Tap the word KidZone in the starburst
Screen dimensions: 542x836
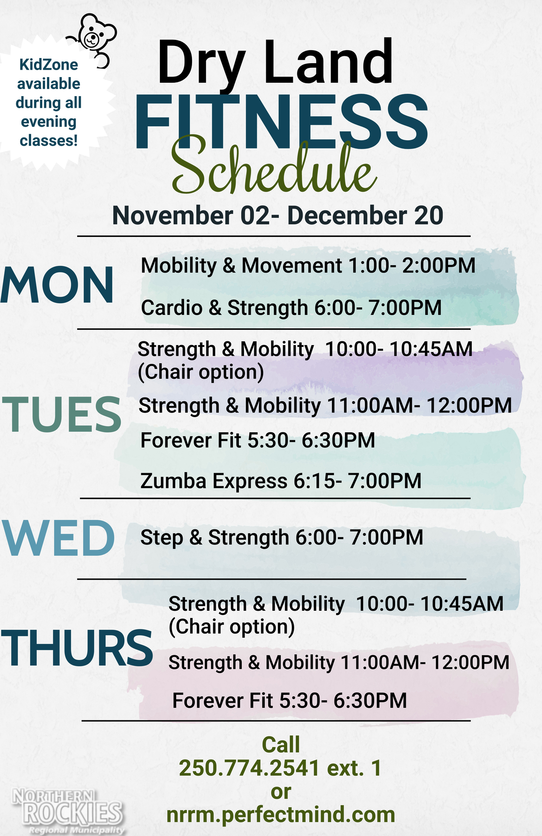click(49, 65)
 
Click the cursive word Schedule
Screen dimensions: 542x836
click(274, 167)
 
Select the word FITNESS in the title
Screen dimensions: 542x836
click(281, 122)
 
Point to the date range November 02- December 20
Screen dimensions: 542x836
click(278, 216)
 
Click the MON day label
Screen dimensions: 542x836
click(57, 285)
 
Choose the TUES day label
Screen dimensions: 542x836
click(62, 414)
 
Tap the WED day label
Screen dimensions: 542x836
click(59, 538)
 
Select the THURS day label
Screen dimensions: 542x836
click(77, 647)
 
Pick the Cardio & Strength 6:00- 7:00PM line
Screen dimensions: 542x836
click(291, 308)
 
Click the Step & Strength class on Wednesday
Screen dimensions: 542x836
click(282, 537)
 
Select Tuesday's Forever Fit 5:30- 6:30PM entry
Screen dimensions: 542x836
click(258, 440)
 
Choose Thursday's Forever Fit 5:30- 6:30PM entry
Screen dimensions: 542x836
click(290, 700)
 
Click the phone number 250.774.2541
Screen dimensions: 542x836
click(249, 768)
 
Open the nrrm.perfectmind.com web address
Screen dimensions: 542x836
click(281, 815)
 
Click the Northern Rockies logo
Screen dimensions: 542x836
click(68, 811)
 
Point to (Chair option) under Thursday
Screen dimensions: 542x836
click(231, 627)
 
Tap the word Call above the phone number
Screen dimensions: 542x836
click(281, 745)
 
